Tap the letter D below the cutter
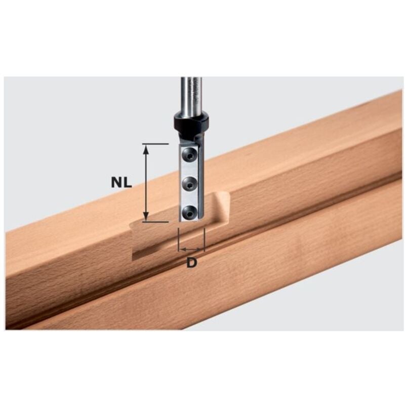[191, 263]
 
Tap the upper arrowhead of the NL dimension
[146, 148]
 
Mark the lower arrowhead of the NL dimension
[146, 217]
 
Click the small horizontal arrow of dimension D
[191, 250]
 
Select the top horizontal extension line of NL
[154, 144]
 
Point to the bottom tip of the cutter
[190, 221]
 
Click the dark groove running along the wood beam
[304, 213]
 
